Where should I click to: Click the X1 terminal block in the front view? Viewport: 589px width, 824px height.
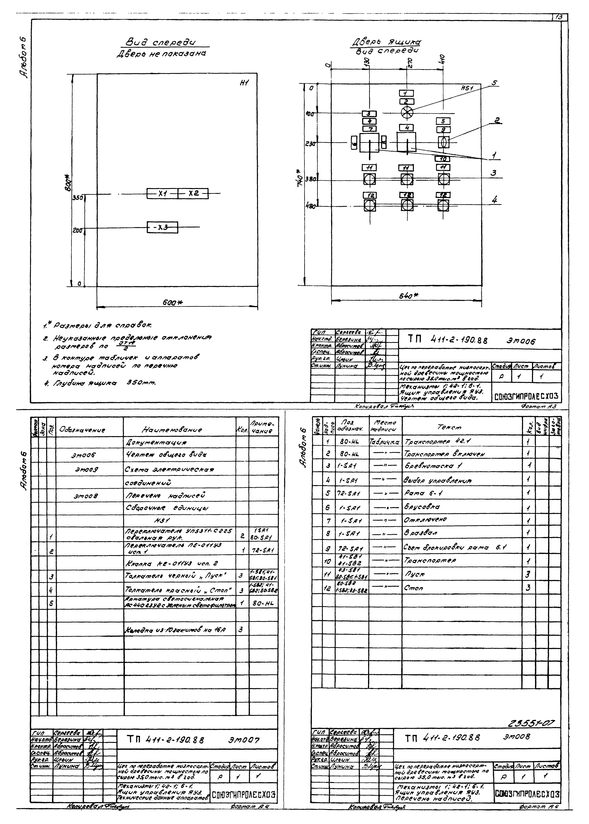tap(162, 194)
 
